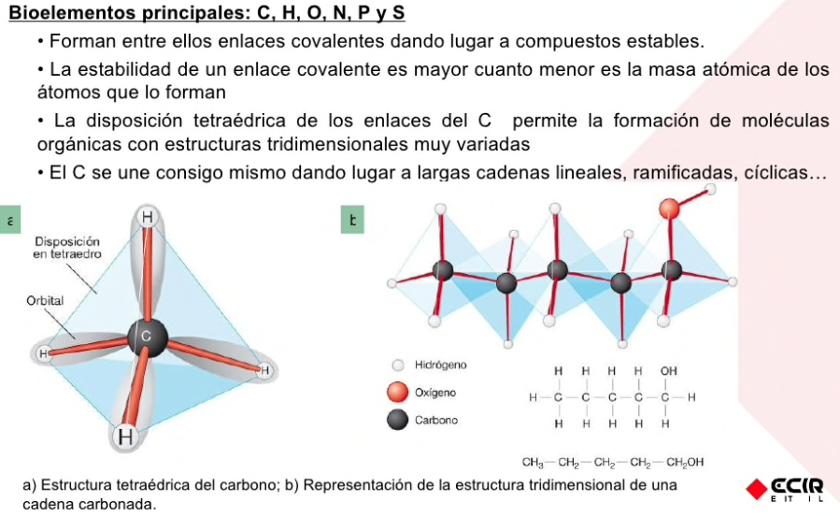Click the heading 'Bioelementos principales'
[x=121, y=14]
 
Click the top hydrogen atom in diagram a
[x=148, y=218]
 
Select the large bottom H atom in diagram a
[x=125, y=437]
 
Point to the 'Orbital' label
[x=45, y=301]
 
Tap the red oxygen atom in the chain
[x=670, y=208]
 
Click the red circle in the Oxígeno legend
[x=399, y=393]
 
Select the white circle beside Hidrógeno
[x=399, y=365]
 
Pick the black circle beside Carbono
[x=399, y=420]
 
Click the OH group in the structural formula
[x=668, y=371]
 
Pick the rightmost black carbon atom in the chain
[x=671, y=271]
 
